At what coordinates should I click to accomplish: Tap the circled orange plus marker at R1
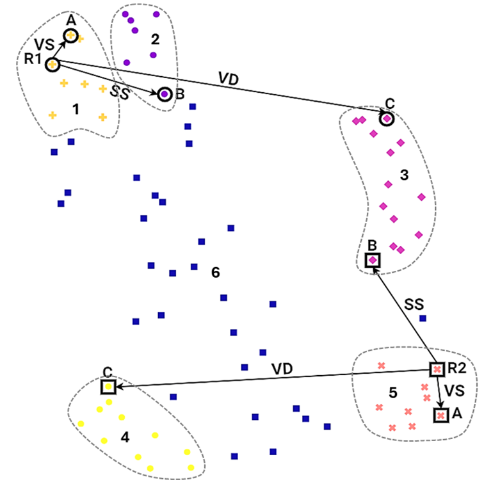[x=52, y=64]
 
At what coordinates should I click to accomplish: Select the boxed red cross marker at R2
[x=437, y=369]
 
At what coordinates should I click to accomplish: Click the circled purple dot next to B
[x=165, y=95]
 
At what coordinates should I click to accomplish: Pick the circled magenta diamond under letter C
[x=387, y=118]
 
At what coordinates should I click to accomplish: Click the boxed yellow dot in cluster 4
[x=108, y=387]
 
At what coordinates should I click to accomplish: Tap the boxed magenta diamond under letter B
[x=372, y=260]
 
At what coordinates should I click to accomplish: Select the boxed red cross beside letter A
[x=440, y=415]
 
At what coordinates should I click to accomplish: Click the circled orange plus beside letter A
[x=71, y=36]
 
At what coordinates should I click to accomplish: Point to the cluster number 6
[x=216, y=273]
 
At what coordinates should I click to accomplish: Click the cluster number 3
[x=404, y=175]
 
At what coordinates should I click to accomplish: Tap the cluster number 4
[x=125, y=437]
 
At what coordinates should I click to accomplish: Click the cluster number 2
[x=155, y=38]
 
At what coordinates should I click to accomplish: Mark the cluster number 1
[x=76, y=109]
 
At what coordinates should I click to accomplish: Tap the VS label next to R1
[x=44, y=44]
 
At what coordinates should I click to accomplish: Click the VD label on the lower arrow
[x=282, y=368]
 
